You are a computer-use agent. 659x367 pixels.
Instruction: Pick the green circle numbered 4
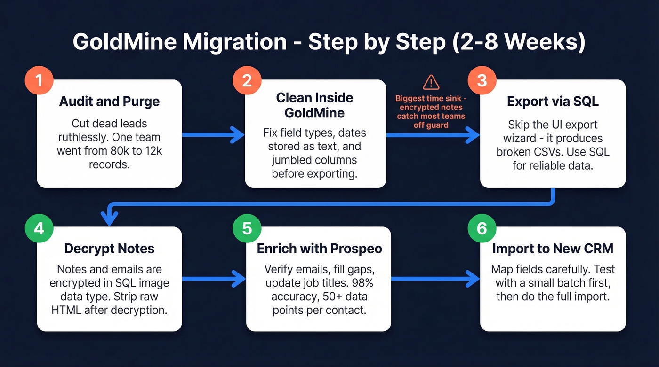click(39, 228)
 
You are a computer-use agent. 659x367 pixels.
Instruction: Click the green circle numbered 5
click(247, 228)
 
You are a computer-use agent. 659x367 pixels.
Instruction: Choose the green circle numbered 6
click(482, 228)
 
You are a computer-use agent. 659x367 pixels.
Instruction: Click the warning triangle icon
click(431, 82)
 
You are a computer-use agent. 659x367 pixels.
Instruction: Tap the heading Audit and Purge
click(109, 102)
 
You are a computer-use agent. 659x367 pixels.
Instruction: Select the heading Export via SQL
click(553, 102)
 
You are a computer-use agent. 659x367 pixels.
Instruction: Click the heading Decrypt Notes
click(109, 249)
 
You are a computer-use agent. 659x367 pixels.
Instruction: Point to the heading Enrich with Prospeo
click(319, 249)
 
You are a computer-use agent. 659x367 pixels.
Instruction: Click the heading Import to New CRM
click(553, 249)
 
